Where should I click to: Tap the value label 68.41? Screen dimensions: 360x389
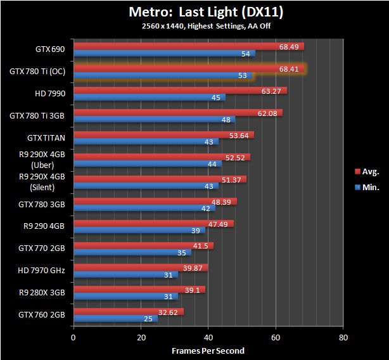(289, 68)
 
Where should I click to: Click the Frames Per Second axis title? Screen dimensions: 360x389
(208, 350)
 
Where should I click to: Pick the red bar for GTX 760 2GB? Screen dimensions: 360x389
(129, 312)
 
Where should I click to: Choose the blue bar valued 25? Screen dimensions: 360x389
(115, 319)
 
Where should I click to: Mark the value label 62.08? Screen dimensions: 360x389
(269, 113)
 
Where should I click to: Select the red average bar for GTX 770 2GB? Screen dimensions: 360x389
(144, 245)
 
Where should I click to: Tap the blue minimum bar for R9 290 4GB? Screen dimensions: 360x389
(139, 230)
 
